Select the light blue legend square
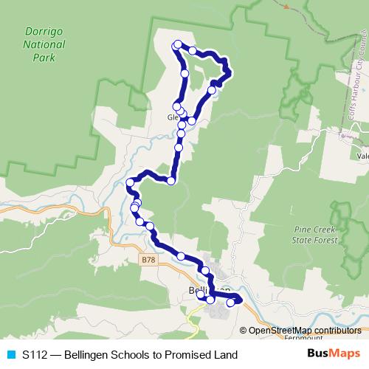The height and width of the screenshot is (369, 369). (10, 355)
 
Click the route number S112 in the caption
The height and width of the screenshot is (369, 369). (35, 355)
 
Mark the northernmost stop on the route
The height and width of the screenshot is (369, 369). (178, 44)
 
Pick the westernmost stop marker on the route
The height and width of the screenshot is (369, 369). (130, 182)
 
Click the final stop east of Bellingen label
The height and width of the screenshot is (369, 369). (231, 302)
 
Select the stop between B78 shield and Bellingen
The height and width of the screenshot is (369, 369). (181, 255)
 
